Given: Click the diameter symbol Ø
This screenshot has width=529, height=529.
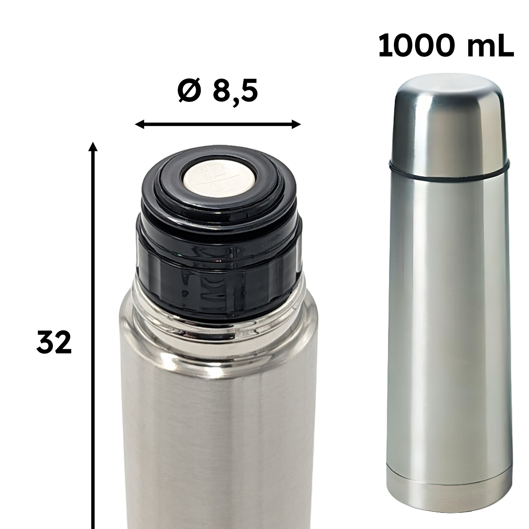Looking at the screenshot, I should click(x=189, y=91).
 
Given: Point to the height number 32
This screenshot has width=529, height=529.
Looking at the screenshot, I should click(x=54, y=342).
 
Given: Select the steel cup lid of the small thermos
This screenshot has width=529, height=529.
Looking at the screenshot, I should click(x=449, y=120).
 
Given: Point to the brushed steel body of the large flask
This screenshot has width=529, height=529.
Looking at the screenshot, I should click(x=219, y=441).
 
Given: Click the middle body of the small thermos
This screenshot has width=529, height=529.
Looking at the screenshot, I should click(x=449, y=317).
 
